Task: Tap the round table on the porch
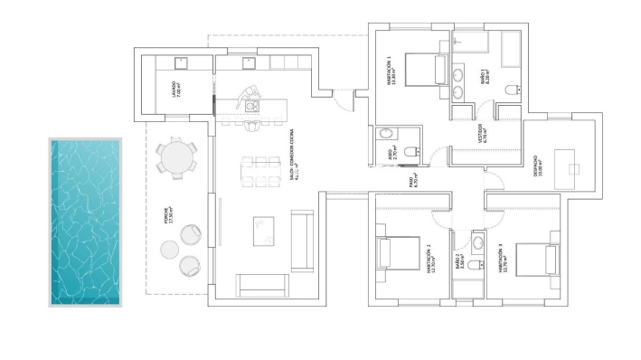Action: [174, 156]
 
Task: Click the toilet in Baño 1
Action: [514, 89]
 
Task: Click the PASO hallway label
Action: [412, 181]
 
